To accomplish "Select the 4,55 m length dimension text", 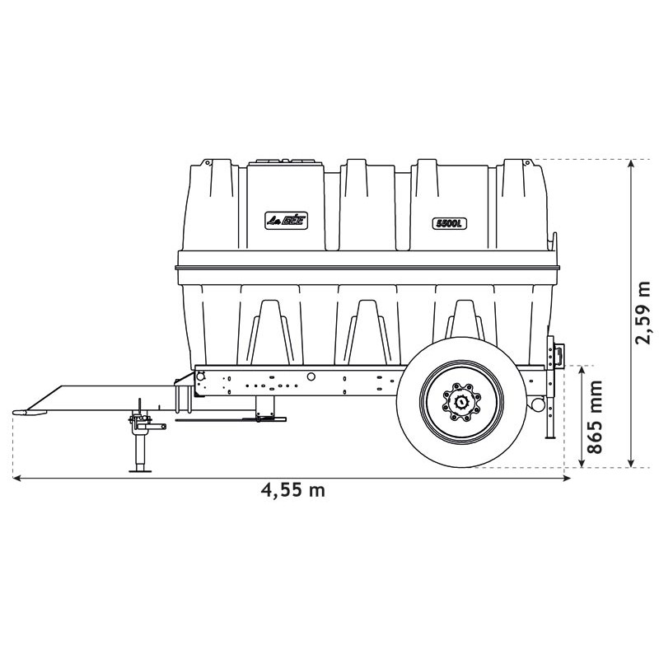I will pyautogui.click(x=293, y=491).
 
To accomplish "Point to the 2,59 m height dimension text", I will pyautogui.click(x=643, y=313).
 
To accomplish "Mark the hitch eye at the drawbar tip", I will pyautogui.click(x=23, y=411).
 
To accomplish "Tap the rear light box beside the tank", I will pyautogui.click(x=558, y=353).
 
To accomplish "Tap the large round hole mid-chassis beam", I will pyautogui.click(x=311, y=376).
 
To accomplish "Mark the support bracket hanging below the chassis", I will pyautogui.click(x=265, y=405).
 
